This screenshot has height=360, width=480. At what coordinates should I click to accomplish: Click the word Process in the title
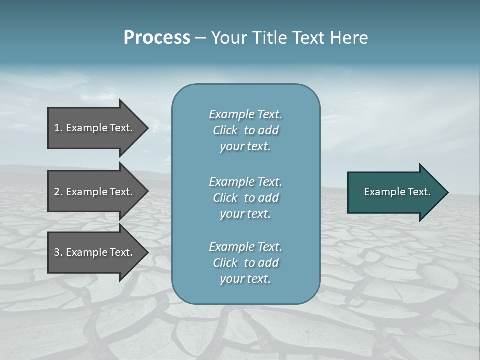click(x=157, y=38)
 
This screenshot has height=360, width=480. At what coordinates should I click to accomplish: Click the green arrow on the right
click(x=395, y=192)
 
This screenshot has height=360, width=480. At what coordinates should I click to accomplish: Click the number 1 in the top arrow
click(x=57, y=128)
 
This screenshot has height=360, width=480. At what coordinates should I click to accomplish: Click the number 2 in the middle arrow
click(x=57, y=192)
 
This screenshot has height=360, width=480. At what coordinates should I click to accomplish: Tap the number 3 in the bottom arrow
click(x=57, y=252)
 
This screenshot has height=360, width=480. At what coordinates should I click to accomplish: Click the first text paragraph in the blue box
click(x=245, y=130)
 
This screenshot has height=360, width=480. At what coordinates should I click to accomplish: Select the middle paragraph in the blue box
click(x=245, y=198)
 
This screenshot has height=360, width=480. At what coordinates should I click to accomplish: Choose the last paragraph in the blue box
click(x=245, y=263)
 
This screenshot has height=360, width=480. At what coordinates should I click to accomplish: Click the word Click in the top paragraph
click(x=225, y=130)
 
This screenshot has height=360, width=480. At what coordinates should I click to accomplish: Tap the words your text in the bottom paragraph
click(x=245, y=279)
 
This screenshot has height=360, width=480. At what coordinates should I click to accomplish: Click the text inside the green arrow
click(x=397, y=192)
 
